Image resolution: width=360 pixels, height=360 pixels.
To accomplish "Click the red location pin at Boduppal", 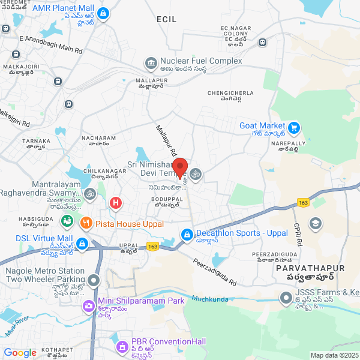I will point(181,167).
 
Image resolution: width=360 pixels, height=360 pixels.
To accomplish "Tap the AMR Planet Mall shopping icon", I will point(103,13).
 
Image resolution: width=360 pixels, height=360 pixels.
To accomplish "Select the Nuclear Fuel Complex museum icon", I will point(150,62).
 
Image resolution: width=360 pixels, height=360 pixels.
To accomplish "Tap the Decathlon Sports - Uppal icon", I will point(187,233).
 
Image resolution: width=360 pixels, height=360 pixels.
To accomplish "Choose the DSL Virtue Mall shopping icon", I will point(82,244).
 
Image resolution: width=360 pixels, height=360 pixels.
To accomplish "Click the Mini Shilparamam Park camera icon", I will point(89,306).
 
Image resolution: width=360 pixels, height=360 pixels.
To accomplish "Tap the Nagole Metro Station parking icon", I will point(93,280).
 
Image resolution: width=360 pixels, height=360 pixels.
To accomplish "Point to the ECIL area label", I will point(167,20).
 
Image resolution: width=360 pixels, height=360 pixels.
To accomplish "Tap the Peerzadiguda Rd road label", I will point(215,272).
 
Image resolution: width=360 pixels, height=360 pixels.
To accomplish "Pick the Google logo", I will point(20,353).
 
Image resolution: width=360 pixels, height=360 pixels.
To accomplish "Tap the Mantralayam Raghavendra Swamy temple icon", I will point(91,193).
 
